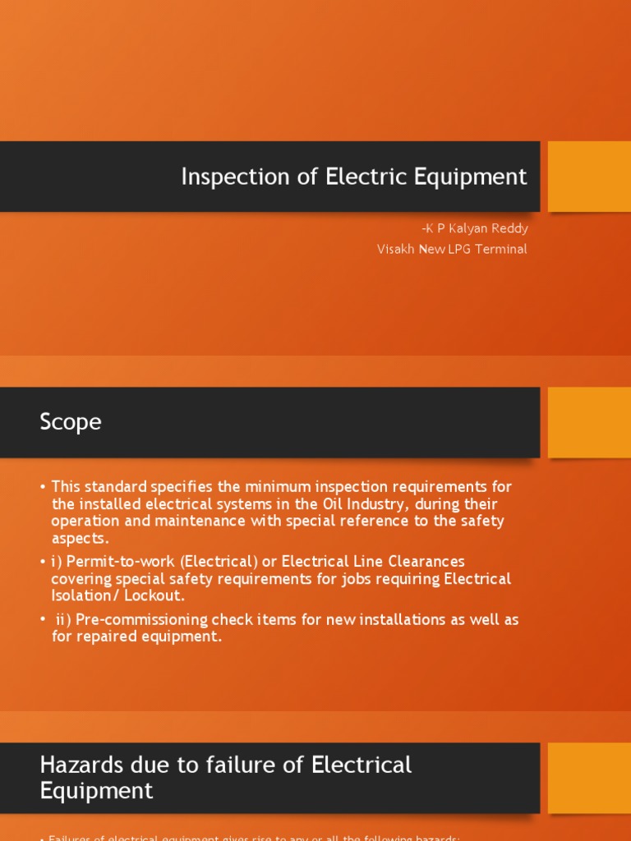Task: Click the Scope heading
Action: point(71,422)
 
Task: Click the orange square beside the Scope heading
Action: point(589,422)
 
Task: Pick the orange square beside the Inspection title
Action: point(589,177)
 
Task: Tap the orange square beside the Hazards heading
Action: point(589,778)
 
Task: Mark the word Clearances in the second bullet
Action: point(424,562)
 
